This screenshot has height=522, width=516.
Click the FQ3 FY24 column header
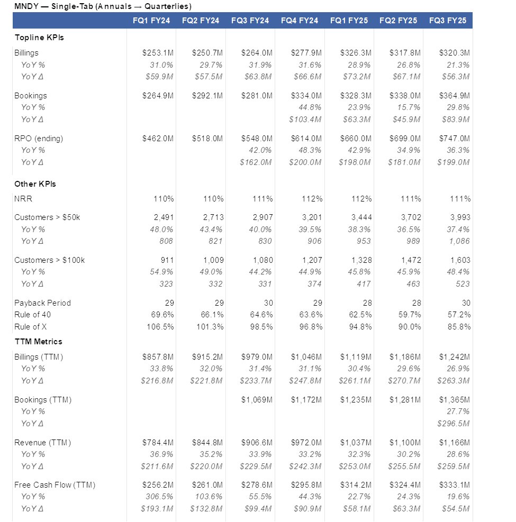coord(250,21)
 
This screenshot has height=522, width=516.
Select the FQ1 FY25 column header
coord(349,21)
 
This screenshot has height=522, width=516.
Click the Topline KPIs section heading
coord(39,38)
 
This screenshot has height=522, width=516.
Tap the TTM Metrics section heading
coord(38,342)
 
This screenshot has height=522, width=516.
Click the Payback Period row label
coord(42,303)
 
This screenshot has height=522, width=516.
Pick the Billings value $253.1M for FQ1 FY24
coord(158,53)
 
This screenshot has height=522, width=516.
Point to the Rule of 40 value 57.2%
coord(459,315)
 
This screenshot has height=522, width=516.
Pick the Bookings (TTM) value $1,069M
coord(257,400)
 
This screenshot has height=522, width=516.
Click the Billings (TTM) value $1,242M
coord(454,357)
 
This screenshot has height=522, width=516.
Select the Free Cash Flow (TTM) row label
coord(55,485)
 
